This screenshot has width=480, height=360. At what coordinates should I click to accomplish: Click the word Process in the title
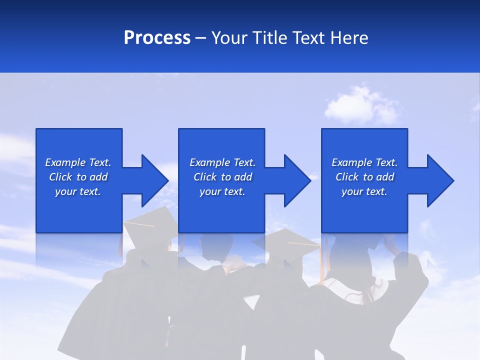[157, 38]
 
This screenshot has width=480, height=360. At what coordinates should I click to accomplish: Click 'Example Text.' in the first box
[78, 162]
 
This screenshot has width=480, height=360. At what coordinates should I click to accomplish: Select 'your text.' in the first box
[78, 191]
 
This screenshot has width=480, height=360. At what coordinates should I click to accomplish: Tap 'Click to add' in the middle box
[222, 177]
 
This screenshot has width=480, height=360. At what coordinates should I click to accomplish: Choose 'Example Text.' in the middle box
[222, 162]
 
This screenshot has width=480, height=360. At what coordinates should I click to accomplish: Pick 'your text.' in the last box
[364, 191]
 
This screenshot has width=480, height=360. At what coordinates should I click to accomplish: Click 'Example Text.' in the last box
[364, 162]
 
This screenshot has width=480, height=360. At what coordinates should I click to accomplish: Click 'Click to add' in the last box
[364, 177]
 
